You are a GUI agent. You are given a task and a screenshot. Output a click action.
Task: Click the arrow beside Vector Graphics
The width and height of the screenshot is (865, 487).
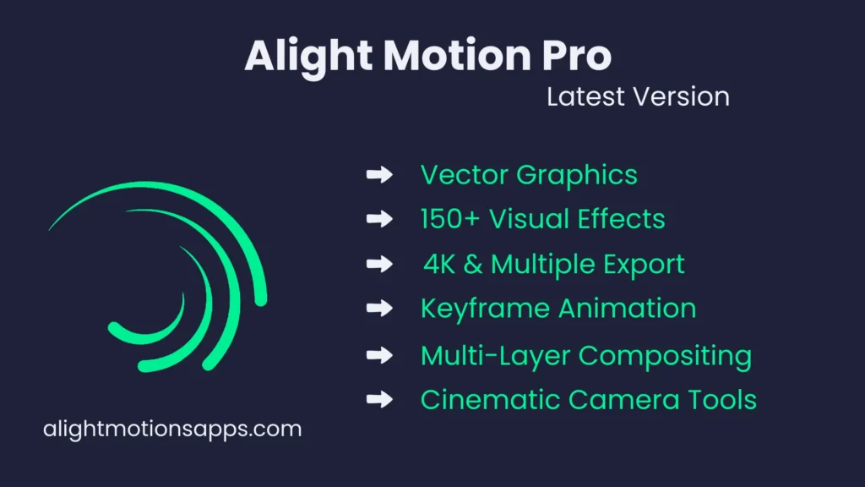(x=379, y=175)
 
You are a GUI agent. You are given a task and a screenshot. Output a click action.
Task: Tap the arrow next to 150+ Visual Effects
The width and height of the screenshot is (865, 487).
(x=379, y=219)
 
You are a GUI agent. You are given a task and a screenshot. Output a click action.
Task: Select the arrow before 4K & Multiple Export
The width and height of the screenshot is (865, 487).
(x=379, y=264)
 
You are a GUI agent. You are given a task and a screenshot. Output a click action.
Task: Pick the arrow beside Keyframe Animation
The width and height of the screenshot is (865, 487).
(x=379, y=308)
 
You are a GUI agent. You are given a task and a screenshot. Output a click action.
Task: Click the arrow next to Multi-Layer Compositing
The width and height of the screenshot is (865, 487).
(x=379, y=355)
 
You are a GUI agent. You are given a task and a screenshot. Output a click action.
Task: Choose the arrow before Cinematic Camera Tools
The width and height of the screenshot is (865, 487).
(x=379, y=399)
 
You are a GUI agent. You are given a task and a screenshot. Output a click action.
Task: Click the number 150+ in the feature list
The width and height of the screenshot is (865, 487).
(x=449, y=219)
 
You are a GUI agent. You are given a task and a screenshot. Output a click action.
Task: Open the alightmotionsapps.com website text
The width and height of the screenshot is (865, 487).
(x=171, y=429)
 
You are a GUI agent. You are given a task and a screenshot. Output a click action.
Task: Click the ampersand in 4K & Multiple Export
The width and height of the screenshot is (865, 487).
(x=474, y=264)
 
